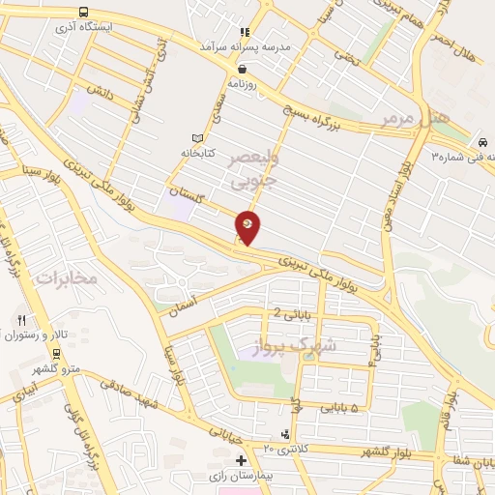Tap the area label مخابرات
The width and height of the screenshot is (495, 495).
68,278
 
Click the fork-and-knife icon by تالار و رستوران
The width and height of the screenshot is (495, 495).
20,319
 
